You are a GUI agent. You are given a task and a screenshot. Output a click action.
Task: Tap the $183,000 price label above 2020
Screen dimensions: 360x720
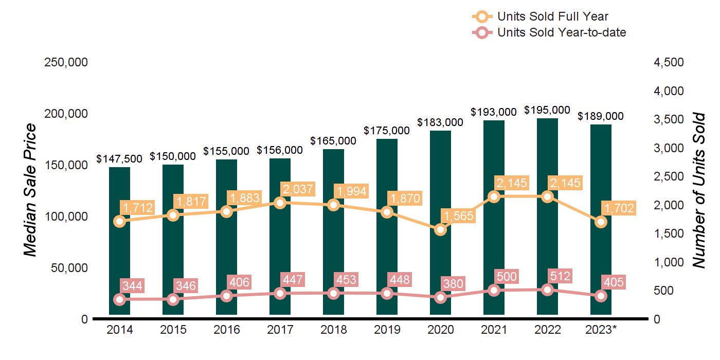tap(440, 122)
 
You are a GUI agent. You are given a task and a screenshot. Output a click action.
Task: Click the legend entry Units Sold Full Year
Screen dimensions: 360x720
tap(553, 17)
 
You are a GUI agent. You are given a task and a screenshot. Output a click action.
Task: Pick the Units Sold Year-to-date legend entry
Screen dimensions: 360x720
tap(562, 33)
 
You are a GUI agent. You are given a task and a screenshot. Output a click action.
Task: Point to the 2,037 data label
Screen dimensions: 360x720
tap(298, 189)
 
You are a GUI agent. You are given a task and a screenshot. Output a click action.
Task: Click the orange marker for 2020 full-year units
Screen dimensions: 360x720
tap(440, 230)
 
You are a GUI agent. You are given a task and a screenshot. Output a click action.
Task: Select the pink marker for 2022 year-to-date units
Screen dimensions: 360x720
tap(547, 290)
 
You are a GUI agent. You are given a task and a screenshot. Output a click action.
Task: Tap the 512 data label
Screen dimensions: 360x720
tap(559, 276)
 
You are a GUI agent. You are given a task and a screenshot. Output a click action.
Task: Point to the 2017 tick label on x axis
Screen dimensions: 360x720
tap(280, 330)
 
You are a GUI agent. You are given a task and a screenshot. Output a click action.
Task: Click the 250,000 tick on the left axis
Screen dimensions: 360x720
tap(67, 62)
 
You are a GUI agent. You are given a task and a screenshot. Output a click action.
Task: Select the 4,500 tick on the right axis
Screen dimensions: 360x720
tap(669, 62)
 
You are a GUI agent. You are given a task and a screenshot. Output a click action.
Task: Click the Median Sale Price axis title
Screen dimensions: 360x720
tap(31, 190)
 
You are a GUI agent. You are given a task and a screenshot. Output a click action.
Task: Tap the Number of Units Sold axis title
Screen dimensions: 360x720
tap(698, 190)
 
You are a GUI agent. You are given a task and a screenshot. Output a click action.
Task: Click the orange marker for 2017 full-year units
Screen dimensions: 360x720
tap(280, 203)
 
